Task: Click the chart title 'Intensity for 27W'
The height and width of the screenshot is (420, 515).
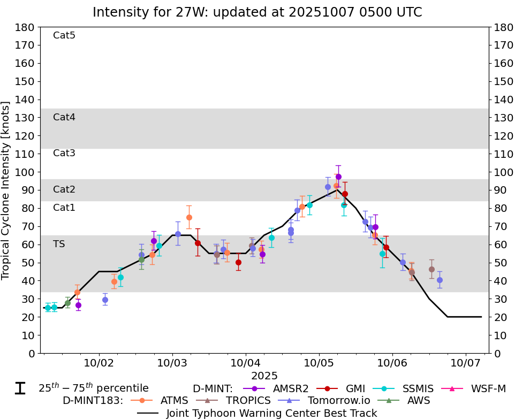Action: coord(257,12)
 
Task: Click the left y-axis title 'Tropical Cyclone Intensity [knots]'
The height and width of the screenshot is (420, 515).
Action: coord(6,190)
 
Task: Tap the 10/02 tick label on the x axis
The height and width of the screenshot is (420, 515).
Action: coord(99,363)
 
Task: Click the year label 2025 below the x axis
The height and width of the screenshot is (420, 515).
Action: coord(264,376)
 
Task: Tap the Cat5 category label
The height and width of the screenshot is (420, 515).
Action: coord(64,35)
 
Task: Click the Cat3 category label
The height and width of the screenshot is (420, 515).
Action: coord(64,153)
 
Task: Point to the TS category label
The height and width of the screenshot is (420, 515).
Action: coord(59,244)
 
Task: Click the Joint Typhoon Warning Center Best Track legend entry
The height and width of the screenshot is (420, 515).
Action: coord(271,413)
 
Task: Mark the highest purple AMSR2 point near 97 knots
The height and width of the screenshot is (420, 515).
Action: coord(338,177)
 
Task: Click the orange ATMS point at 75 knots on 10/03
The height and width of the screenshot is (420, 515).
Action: coord(189,217)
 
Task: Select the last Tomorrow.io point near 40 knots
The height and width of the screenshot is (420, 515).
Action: coord(440,280)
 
